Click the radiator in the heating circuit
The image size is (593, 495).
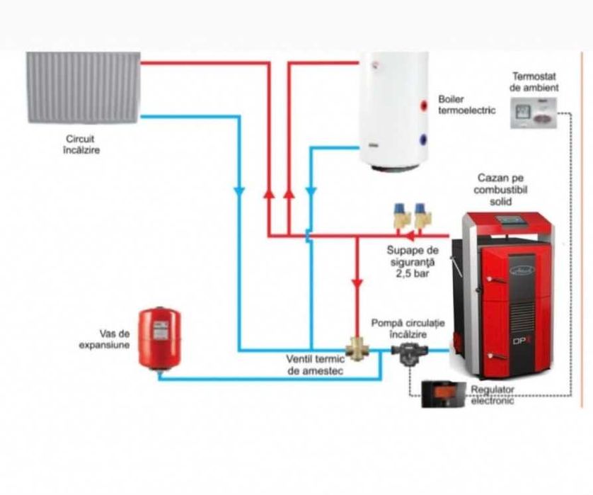click(x=84, y=86)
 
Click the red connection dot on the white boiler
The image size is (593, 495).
click(x=424, y=106)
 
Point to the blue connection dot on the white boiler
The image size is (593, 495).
click(x=424, y=140)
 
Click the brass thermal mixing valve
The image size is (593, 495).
click(x=355, y=348)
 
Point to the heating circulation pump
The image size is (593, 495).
click(x=408, y=351)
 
